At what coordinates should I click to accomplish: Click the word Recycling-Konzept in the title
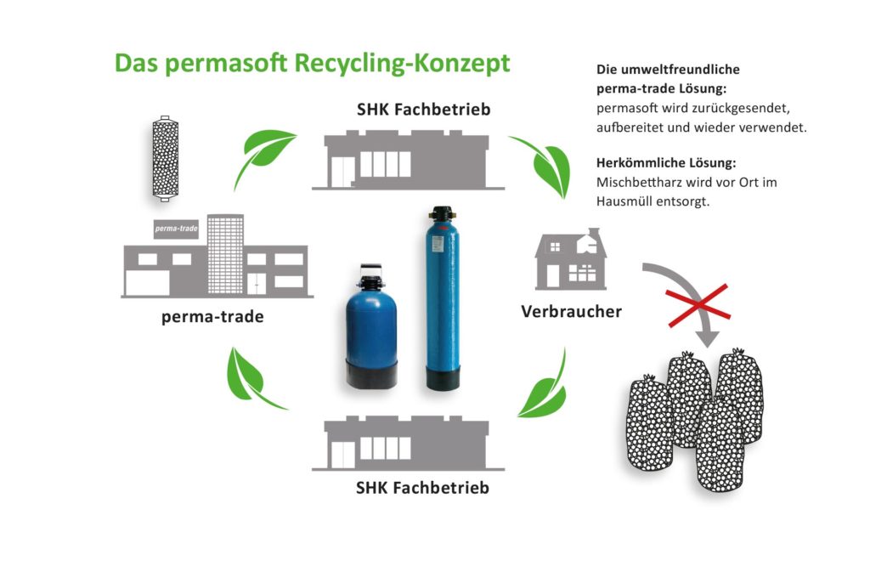click(x=402, y=63)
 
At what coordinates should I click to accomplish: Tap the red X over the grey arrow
click(x=698, y=305)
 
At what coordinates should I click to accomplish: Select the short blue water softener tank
click(x=371, y=326)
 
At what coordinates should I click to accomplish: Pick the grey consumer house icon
click(x=570, y=260)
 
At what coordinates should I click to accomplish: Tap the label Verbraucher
click(x=571, y=311)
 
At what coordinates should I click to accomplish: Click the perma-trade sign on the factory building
click(x=176, y=229)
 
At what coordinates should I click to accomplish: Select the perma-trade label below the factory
click(x=212, y=317)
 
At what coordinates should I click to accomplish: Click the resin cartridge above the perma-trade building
click(x=165, y=159)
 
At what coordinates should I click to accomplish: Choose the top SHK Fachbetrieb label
click(x=423, y=110)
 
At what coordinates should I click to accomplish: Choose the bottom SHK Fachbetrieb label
click(x=422, y=488)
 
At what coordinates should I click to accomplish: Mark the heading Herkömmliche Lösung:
click(x=666, y=163)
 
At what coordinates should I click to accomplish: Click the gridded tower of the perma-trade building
click(x=225, y=254)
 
